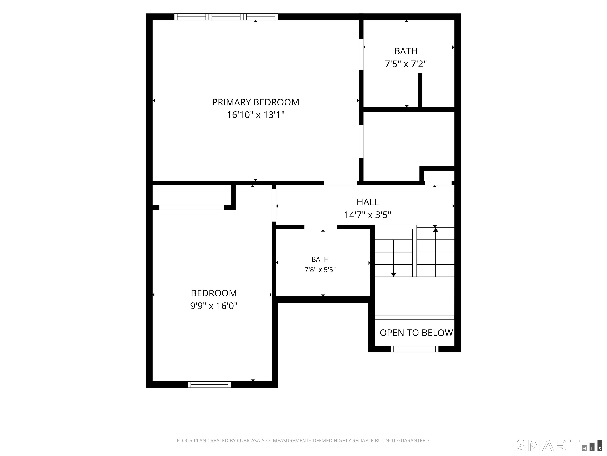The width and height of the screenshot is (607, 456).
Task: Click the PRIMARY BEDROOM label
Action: (x=255, y=102)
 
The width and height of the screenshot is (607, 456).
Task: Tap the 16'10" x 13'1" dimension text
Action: (x=255, y=115)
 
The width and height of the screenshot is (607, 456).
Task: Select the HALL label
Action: (x=368, y=202)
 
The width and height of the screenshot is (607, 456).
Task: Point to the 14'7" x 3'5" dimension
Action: (x=368, y=215)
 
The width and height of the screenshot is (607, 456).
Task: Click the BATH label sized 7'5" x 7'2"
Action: (x=406, y=51)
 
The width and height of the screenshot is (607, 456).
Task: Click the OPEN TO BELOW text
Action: (x=416, y=333)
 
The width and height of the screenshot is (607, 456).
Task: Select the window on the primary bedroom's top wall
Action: (x=226, y=17)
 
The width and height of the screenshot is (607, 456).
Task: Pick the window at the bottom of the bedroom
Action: (x=209, y=385)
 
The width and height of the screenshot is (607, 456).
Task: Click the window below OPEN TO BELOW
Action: (x=415, y=349)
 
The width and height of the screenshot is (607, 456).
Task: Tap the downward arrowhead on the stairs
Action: (x=394, y=275)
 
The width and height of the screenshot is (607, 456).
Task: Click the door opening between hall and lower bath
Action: (x=321, y=227)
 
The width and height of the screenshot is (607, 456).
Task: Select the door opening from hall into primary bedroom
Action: (x=340, y=183)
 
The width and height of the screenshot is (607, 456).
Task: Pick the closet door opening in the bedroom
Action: (x=192, y=207)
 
